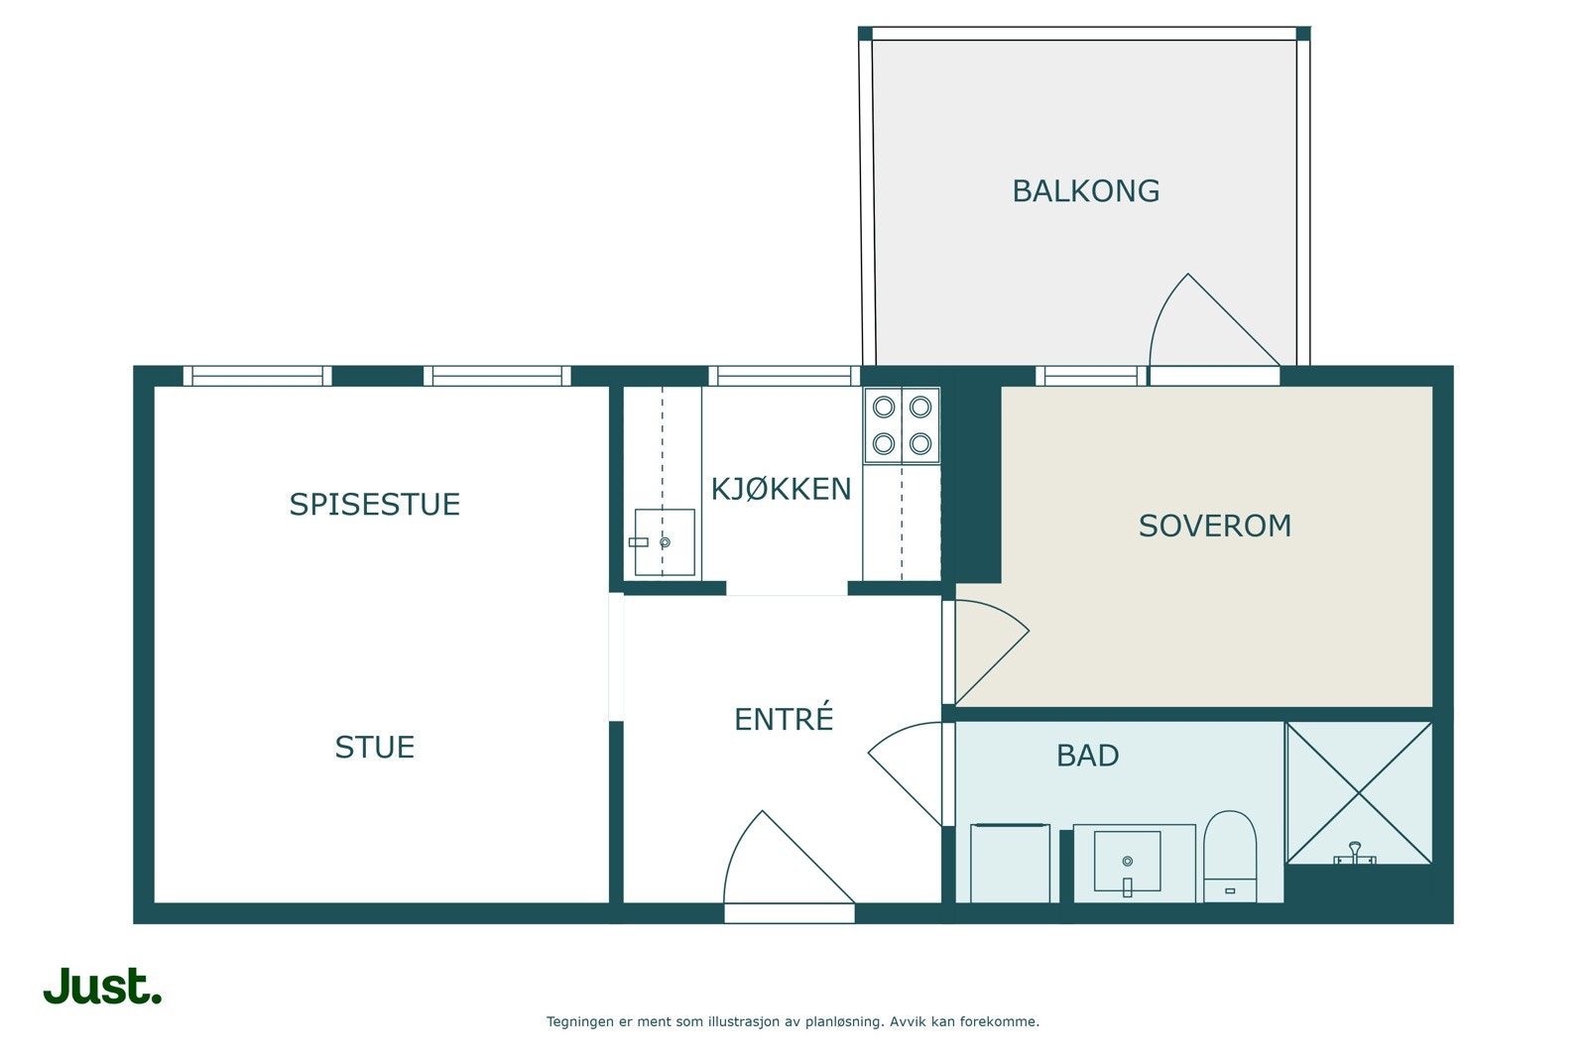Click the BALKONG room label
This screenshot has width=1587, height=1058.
coord(1085,191)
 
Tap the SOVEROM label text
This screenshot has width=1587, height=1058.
coord(1214,527)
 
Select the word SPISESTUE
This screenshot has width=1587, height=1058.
coord(375,505)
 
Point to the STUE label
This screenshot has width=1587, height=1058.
coord(375,748)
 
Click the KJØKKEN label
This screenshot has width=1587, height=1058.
coord(781,490)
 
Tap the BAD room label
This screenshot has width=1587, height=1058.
coord(1087,757)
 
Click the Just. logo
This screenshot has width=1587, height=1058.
coord(103,986)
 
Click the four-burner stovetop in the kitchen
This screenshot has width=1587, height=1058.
coord(902,425)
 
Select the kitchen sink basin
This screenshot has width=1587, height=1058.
coord(665,541)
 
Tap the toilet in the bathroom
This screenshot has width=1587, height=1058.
coord(1230,857)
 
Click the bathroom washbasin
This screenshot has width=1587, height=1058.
coord(1127,861)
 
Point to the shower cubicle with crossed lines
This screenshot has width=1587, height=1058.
coord(1359,793)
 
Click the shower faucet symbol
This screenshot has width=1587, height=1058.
coord(1355,854)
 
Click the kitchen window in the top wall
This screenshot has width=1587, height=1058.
coord(785,376)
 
